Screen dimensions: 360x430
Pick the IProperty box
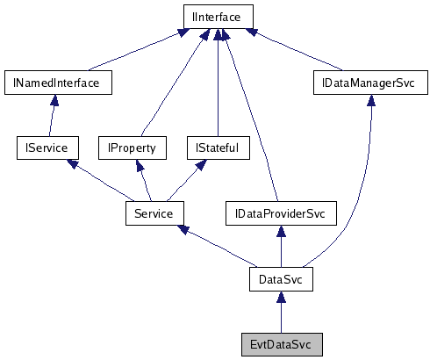point(132,148)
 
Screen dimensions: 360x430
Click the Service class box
point(154,212)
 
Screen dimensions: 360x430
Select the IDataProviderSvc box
point(280,212)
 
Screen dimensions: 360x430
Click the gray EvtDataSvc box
point(280,343)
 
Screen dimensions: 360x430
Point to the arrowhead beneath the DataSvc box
point(280,298)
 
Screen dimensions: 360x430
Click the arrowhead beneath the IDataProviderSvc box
point(280,232)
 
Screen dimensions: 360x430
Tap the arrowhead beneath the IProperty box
point(138,166)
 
